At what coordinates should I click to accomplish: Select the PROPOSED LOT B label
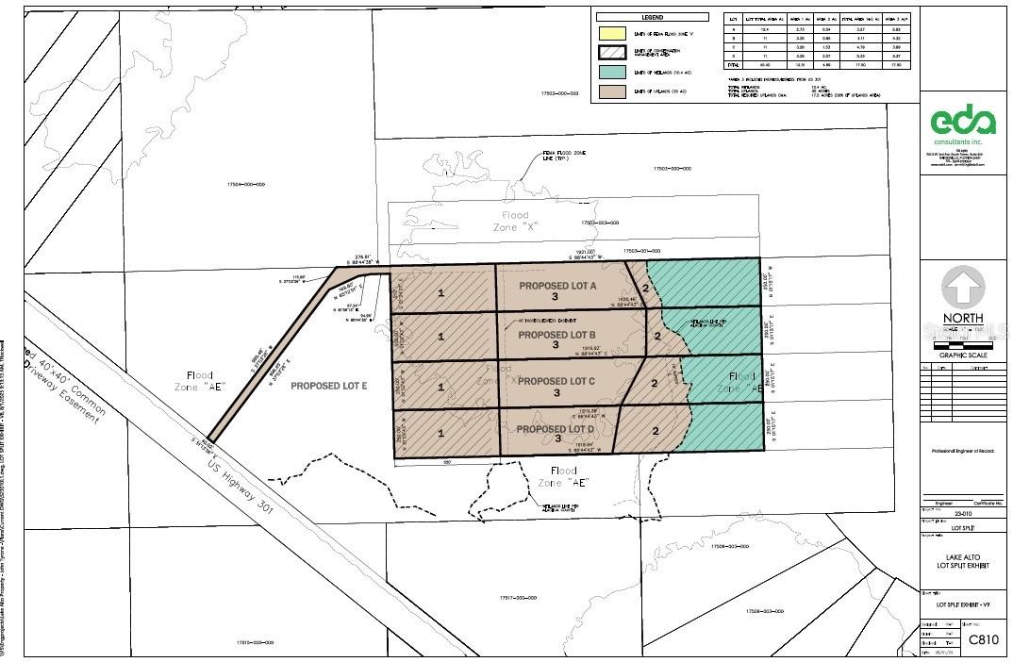coord(556,335)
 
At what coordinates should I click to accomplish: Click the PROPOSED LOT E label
coord(328,387)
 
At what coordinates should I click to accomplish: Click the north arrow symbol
coord(963,287)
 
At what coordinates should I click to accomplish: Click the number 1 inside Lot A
coord(440,293)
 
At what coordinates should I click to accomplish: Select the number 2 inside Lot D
coord(655,432)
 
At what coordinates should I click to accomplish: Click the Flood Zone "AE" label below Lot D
coord(563,476)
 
